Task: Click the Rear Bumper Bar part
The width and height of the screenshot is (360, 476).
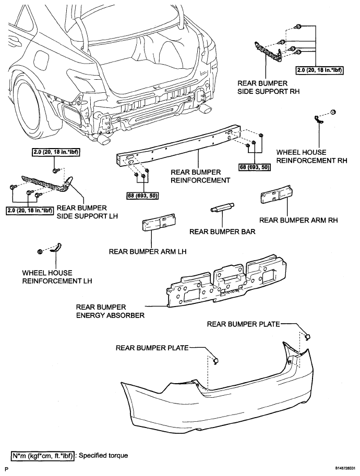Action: tap(221, 208)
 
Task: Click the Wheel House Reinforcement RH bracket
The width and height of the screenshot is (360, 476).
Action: tap(318, 119)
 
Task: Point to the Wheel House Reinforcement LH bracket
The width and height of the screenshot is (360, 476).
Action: tap(56, 248)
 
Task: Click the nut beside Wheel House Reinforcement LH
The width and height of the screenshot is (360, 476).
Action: tap(39, 251)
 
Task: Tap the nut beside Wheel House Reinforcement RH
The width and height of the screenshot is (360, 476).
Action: tap(333, 112)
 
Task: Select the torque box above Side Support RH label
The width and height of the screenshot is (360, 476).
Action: tap(319, 70)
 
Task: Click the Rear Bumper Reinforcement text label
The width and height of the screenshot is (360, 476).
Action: tap(200, 176)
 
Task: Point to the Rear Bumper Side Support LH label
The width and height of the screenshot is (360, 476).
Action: tap(87, 212)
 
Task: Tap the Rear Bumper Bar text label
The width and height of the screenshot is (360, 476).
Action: tap(222, 231)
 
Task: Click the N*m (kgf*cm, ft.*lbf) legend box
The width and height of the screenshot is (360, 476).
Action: tap(43, 456)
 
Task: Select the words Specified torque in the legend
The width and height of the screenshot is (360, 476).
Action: tap(103, 456)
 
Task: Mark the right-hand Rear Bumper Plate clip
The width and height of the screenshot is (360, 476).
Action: tap(307, 336)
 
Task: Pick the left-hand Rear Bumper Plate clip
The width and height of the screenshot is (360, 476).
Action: tap(216, 361)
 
